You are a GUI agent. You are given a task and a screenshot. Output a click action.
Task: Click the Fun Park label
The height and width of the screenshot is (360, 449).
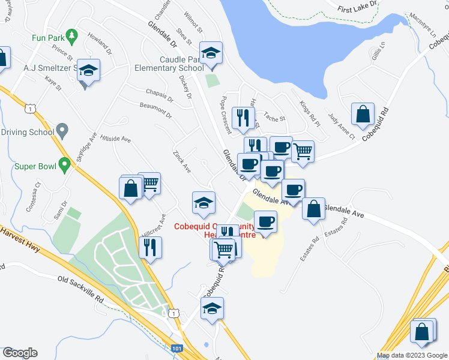click(x=48, y=37)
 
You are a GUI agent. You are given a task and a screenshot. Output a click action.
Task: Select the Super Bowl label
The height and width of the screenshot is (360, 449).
click(x=35, y=166)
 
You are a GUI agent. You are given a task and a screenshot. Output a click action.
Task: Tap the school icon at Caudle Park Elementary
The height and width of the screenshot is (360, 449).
click(x=211, y=53)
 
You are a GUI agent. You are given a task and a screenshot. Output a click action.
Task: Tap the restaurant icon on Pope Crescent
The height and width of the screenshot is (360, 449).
click(x=243, y=117)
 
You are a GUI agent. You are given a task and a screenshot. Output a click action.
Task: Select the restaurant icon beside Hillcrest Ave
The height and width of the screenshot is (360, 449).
click(x=150, y=247)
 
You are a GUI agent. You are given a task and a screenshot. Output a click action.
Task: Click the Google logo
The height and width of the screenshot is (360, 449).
click(x=20, y=353)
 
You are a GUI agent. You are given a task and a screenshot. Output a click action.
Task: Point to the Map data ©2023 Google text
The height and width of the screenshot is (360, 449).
click(x=411, y=355)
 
